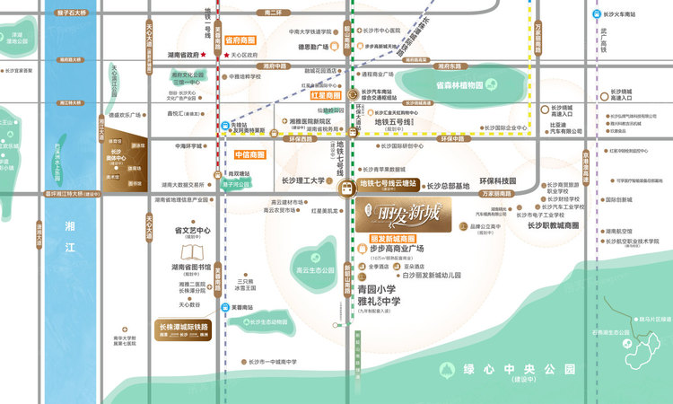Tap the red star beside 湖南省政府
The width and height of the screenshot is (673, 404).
(204, 55)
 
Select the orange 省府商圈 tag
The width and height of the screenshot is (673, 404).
(240, 40)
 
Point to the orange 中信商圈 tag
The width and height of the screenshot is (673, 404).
(251, 154)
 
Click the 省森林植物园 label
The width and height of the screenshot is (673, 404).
(460, 85)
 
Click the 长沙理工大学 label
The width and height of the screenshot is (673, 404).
(302, 180)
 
